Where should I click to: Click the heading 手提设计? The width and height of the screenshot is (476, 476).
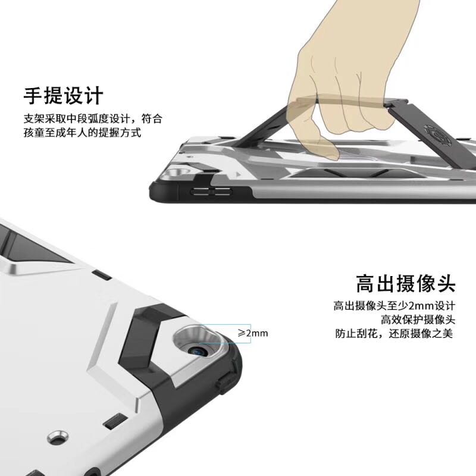click(64, 96)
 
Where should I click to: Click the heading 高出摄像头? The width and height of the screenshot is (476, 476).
click(406, 284)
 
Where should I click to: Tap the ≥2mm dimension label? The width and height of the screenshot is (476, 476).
click(253, 333)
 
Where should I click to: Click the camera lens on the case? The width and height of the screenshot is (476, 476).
click(198, 351)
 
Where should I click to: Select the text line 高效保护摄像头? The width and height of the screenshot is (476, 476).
click(418, 320)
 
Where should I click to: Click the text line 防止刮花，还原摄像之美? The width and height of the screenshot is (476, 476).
click(394, 333)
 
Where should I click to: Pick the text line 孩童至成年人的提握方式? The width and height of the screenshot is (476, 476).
click(82, 133)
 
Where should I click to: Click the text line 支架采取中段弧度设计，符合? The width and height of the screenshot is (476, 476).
click(93, 118)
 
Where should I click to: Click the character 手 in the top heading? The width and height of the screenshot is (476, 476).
click(33, 96)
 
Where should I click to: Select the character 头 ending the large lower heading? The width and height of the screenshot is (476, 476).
click(446, 284)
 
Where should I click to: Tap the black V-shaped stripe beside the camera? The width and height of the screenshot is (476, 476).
click(146, 337)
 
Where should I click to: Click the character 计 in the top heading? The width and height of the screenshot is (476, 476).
click(94, 96)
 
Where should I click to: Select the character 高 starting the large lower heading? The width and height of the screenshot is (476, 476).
click(365, 284)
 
